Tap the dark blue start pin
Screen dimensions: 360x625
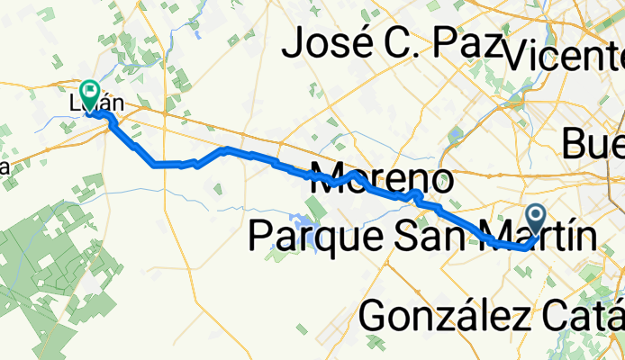(536, 217)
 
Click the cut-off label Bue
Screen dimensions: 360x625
(593, 142)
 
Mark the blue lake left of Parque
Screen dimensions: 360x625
(298, 220)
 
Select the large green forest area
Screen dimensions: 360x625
(45, 270)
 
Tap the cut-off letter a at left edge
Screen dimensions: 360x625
(4, 167)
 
